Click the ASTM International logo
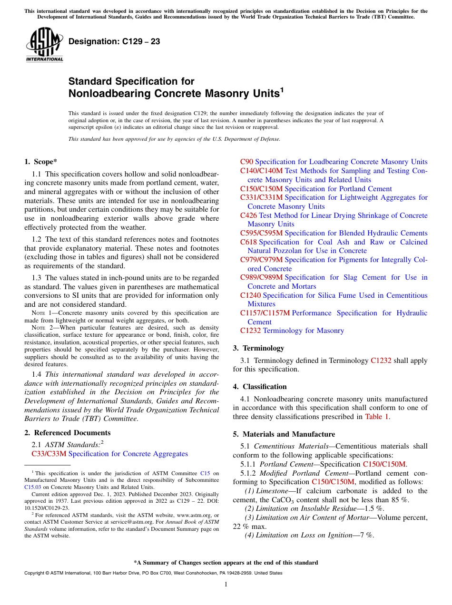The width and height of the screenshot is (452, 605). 44,44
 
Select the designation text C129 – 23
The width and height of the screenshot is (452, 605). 114,42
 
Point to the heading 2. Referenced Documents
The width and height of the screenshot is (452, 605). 68,433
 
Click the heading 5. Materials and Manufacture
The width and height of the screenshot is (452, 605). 284,434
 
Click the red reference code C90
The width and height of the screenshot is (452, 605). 246,162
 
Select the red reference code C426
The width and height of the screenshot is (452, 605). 249,215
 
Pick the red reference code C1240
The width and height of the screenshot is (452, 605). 251,295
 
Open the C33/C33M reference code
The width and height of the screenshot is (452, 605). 45,454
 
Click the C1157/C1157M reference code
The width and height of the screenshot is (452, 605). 265,313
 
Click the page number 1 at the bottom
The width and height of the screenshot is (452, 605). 226,585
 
